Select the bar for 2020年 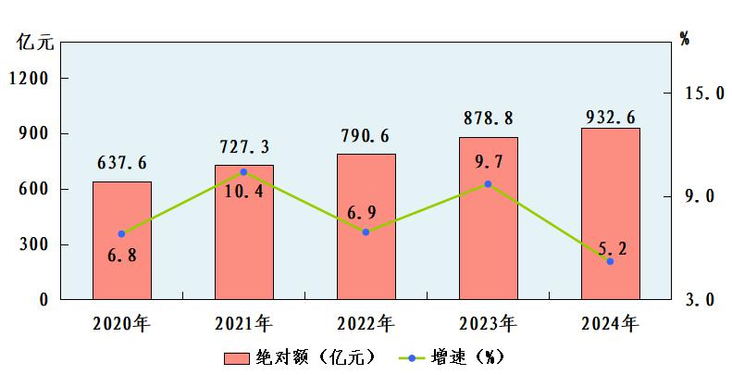122,241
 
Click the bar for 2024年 610,213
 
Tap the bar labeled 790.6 366,227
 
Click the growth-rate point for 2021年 243,172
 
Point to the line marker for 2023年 488,184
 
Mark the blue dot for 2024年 610,261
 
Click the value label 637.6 122,163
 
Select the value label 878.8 489,119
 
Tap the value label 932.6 611,118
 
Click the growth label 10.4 243,191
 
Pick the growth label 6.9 362,212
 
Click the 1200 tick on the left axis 29,79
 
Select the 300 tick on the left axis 33,244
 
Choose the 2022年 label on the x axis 366,324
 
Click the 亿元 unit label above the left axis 35,42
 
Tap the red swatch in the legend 236,358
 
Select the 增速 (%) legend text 467,357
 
